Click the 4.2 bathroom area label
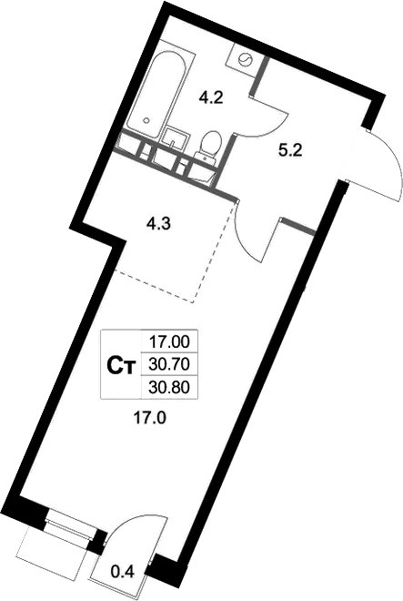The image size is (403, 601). (x=211, y=98)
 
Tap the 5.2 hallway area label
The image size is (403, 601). (x=290, y=150)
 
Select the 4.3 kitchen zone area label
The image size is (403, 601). (x=158, y=223)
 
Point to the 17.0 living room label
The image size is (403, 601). (x=149, y=418)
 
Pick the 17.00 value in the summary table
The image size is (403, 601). (x=169, y=341)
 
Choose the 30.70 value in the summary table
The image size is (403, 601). (x=169, y=364)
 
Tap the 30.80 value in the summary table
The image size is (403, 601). (x=169, y=388)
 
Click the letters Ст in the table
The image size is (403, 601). (x=121, y=366)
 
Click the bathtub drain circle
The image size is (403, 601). (x=146, y=120)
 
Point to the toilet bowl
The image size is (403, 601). (x=210, y=144)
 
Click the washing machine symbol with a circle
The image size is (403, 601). (x=245, y=59)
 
